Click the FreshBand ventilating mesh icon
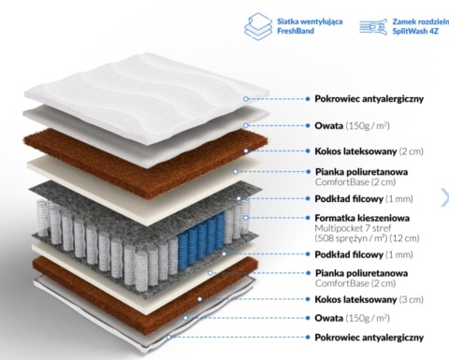pyautogui.click(x=258, y=26)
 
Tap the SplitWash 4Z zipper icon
pyautogui.click(x=373, y=26)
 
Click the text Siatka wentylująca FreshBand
pyautogui.click(x=310, y=26)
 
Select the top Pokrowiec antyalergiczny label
pyautogui.click(x=369, y=99)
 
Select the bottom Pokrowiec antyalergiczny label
pyautogui.click(x=369, y=338)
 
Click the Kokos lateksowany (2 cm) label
pyautogui.click(x=369, y=151)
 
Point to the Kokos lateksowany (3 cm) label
pyautogui.click(x=369, y=299)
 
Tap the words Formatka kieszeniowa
pyautogui.click(x=362, y=218)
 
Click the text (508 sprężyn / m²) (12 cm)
pyautogui.click(x=367, y=238)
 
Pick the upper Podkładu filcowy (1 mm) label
pyautogui.click(x=364, y=199)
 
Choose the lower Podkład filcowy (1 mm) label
pyautogui.click(x=364, y=254)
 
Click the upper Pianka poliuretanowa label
pyautogui.click(x=361, y=172)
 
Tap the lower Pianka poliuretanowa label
pyautogui.click(x=361, y=273)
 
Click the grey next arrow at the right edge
pyautogui.click(x=445, y=197)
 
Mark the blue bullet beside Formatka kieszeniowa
pyautogui.click(x=308, y=218)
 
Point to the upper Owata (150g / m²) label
pyautogui.click(x=352, y=125)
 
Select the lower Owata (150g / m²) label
pyautogui.click(x=352, y=318)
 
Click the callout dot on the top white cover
pyautogui.click(x=246, y=99)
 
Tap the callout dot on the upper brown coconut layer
pyautogui.click(x=246, y=151)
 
